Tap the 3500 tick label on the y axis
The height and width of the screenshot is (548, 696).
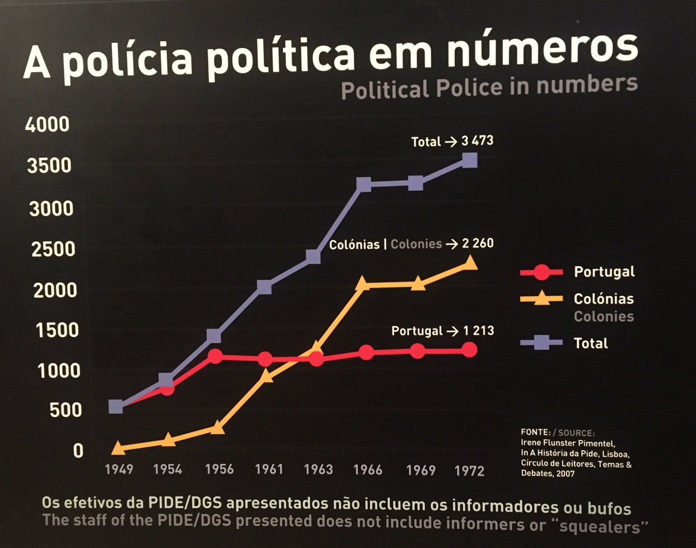pos(49,165)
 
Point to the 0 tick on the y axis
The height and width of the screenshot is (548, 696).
pos(78,451)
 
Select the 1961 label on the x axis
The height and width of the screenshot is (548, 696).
pos(269,469)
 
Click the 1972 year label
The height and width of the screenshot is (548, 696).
pos(469,470)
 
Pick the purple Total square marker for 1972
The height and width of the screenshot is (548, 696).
pos(469,160)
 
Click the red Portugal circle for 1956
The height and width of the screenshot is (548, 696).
pos(215,356)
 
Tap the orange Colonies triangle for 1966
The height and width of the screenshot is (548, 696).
pos(363,283)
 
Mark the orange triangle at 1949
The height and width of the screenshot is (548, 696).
pos(118,447)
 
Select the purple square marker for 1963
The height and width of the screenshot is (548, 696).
pos(313,256)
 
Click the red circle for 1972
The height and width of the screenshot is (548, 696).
pos(469,350)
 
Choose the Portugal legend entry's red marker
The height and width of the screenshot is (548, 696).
pos(541,272)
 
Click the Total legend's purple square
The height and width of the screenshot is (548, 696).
pos(541,343)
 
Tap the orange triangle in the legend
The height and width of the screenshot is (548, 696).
pos(541,298)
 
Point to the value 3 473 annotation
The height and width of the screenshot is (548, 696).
pos(477,140)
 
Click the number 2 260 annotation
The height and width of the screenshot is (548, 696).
pos(477,243)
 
